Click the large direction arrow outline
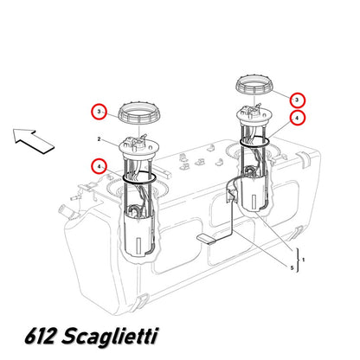[x=33, y=141]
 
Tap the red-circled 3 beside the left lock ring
[x=99, y=112]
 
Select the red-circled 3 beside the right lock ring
[x=298, y=100]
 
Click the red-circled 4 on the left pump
[x=99, y=167]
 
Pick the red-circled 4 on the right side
[x=298, y=118]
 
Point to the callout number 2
[x=99, y=139]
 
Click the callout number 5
[x=292, y=268]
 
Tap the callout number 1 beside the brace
[x=303, y=260]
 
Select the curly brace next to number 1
[x=298, y=260]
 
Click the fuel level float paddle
[x=206, y=239]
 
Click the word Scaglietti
[x=110, y=337]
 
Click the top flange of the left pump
[x=138, y=148]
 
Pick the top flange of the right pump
[x=254, y=115]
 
